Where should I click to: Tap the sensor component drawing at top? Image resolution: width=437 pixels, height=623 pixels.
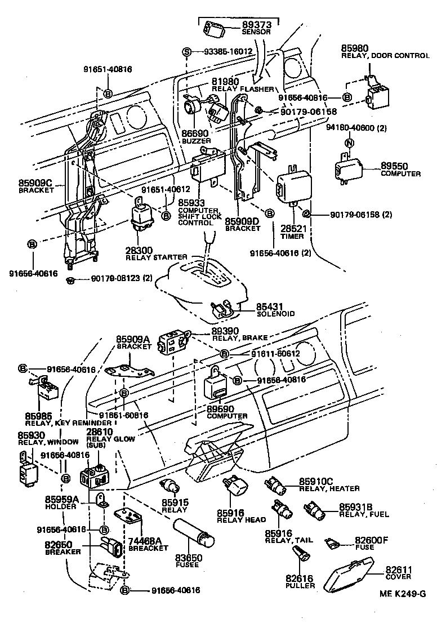[215, 28]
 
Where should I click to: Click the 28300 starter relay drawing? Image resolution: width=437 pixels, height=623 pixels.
[141, 216]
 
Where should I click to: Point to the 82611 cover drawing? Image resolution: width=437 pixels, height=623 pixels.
[350, 575]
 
